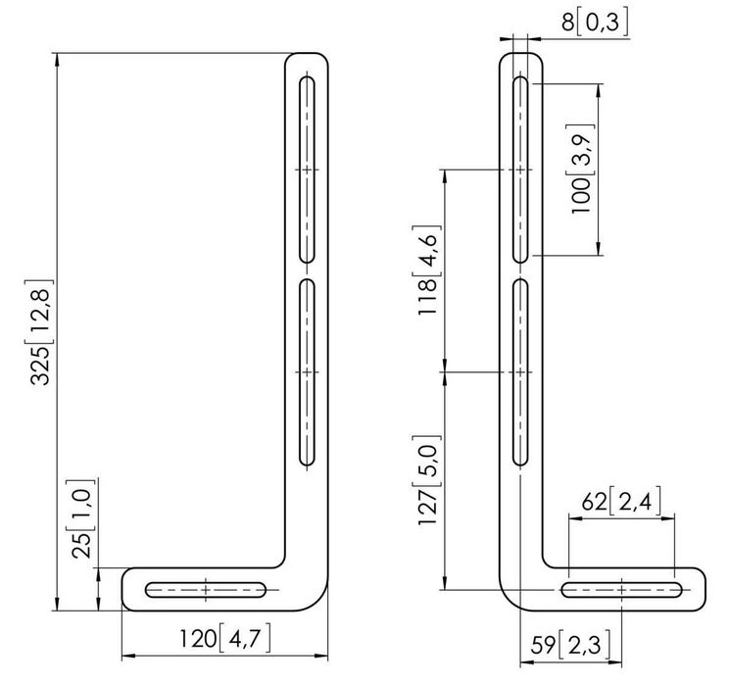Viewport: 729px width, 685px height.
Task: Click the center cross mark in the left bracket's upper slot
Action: [308, 170]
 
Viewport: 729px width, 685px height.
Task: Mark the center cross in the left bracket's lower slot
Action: [308, 372]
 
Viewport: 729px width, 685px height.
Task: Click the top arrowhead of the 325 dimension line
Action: [59, 57]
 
